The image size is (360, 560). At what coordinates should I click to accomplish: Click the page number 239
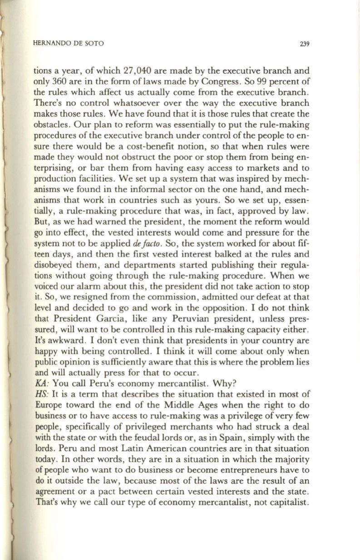tap(304, 44)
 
